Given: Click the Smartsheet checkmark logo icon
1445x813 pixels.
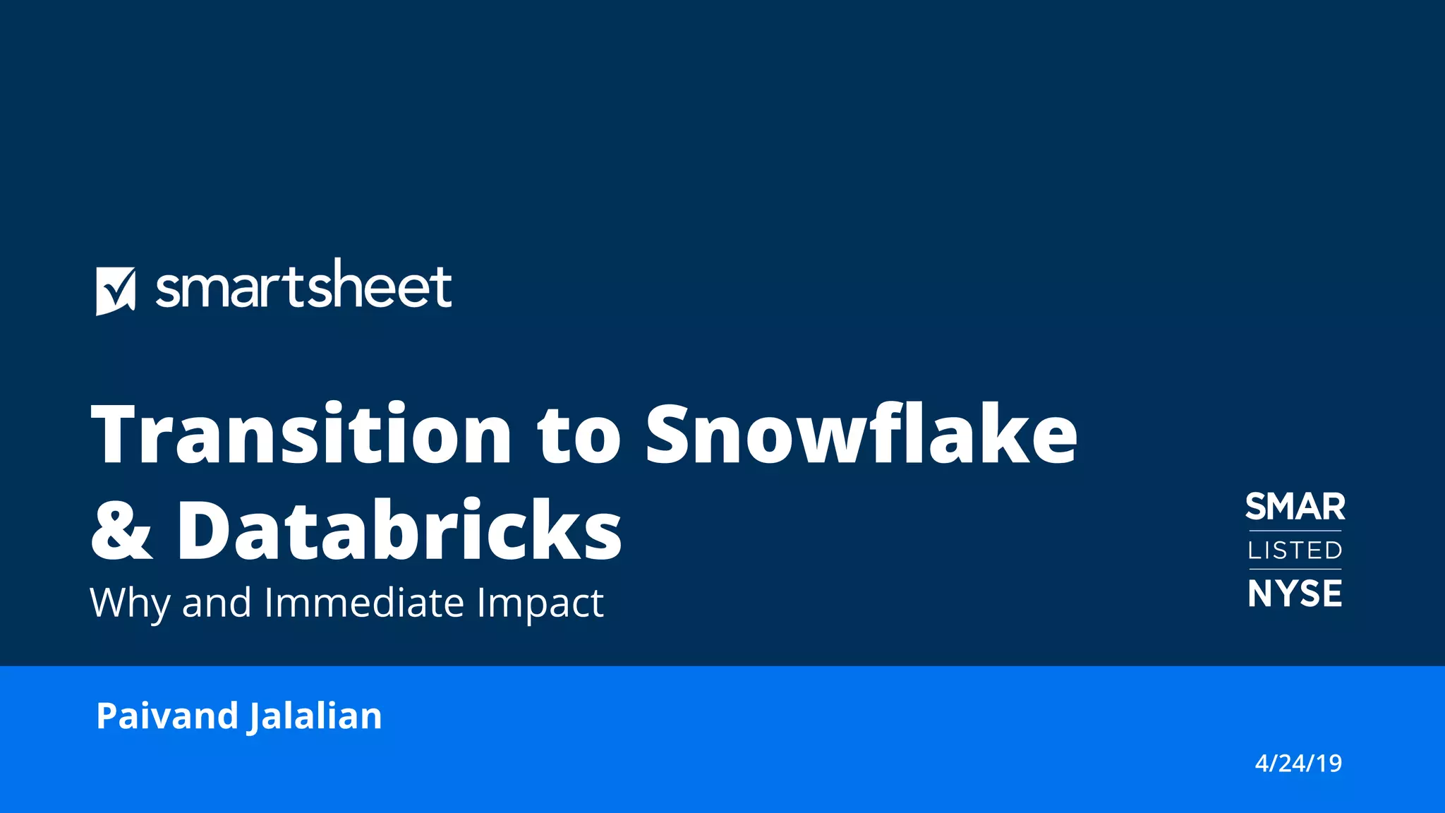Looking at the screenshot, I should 115,291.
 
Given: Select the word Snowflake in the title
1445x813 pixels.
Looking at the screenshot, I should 861,435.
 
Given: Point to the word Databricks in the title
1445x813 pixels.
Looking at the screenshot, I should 399,531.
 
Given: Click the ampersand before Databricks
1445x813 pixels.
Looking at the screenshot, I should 121,531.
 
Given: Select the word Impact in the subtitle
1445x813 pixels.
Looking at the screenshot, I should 540,604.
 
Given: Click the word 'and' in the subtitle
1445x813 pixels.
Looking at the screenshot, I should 217,603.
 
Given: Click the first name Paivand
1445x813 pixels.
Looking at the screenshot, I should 167,716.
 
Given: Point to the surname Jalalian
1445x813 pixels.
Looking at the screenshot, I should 315,717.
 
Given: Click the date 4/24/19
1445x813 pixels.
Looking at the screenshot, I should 1298,764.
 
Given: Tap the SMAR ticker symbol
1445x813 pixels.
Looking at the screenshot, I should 1295,507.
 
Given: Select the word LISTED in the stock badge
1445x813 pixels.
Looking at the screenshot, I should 1295,550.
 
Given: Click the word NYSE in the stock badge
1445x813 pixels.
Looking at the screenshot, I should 1295,594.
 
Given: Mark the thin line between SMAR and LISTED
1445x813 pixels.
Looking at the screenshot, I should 1295,531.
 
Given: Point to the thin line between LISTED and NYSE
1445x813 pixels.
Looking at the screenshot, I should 1295,569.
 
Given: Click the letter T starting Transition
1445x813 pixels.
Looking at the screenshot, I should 116,435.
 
